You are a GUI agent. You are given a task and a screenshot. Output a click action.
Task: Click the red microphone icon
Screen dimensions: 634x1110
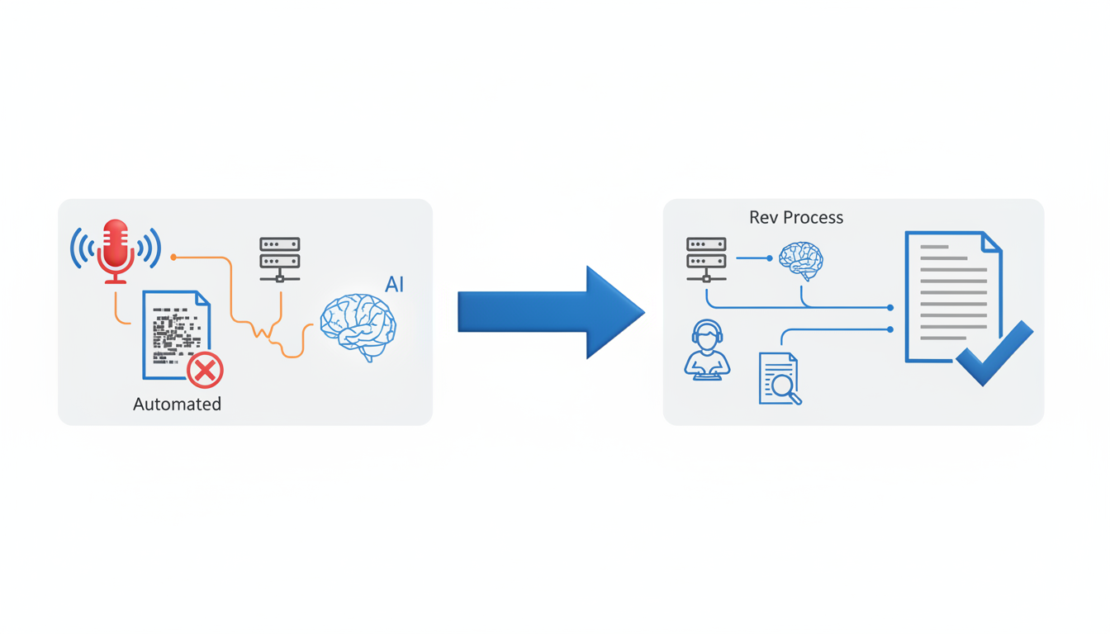116,248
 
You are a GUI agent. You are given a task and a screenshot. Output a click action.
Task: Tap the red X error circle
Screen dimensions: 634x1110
205,370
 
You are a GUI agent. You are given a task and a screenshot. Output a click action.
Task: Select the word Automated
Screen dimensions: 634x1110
177,405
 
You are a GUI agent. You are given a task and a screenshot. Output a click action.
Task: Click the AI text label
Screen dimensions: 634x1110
394,285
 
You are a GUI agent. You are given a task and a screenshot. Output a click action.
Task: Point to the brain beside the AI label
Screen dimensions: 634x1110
358,326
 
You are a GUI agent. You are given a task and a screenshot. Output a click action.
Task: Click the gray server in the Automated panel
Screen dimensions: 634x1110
280,259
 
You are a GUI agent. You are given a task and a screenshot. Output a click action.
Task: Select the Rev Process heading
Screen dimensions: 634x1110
795,217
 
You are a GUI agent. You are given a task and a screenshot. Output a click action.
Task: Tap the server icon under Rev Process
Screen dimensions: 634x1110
706,259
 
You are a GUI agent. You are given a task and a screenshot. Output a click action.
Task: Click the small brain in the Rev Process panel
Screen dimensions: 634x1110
800,260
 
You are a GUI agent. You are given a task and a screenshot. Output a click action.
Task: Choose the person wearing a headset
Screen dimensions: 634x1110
707,350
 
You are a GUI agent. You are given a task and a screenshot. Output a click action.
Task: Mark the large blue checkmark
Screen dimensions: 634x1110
995,353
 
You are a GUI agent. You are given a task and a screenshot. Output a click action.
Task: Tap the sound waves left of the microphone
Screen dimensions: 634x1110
81,248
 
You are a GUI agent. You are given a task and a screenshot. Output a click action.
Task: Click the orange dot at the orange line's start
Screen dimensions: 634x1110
173,258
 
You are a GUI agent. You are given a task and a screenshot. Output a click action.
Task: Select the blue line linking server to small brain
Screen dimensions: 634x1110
753,258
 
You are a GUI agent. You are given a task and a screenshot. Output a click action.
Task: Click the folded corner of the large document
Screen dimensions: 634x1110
991,241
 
